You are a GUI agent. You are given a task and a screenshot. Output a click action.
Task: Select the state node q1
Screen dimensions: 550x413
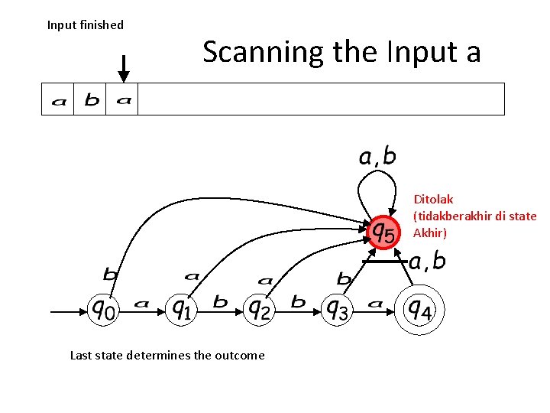(181, 310)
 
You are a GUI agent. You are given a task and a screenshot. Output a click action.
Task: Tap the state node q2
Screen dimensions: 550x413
(259, 310)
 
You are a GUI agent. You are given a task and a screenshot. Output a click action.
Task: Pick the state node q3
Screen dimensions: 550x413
(337, 310)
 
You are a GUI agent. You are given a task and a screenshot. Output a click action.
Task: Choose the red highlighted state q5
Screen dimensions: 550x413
(382, 230)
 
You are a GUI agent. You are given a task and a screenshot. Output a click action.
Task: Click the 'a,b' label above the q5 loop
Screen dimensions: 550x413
(377, 157)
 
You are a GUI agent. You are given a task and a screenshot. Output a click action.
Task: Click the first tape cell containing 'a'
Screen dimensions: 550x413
(58, 99)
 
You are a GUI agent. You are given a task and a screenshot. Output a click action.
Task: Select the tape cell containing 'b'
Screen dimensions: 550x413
(91, 99)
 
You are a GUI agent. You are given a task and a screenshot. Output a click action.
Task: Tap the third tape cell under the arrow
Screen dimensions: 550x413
(123, 99)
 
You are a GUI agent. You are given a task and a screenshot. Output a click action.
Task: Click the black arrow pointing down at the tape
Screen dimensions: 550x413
(123, 68)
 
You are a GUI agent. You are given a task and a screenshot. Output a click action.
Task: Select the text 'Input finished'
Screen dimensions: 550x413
(86, 25)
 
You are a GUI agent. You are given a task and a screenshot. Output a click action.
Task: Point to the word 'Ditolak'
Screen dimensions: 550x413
(433, 200)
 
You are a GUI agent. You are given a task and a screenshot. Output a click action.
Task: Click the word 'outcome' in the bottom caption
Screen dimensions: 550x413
(239, 355)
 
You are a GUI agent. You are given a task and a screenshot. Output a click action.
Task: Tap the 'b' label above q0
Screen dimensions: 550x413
(111, 273)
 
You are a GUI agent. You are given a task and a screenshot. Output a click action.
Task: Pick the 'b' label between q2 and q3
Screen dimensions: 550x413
(298, 303)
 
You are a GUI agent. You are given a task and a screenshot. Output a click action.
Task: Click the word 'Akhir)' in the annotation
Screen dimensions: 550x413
(430, 233)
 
